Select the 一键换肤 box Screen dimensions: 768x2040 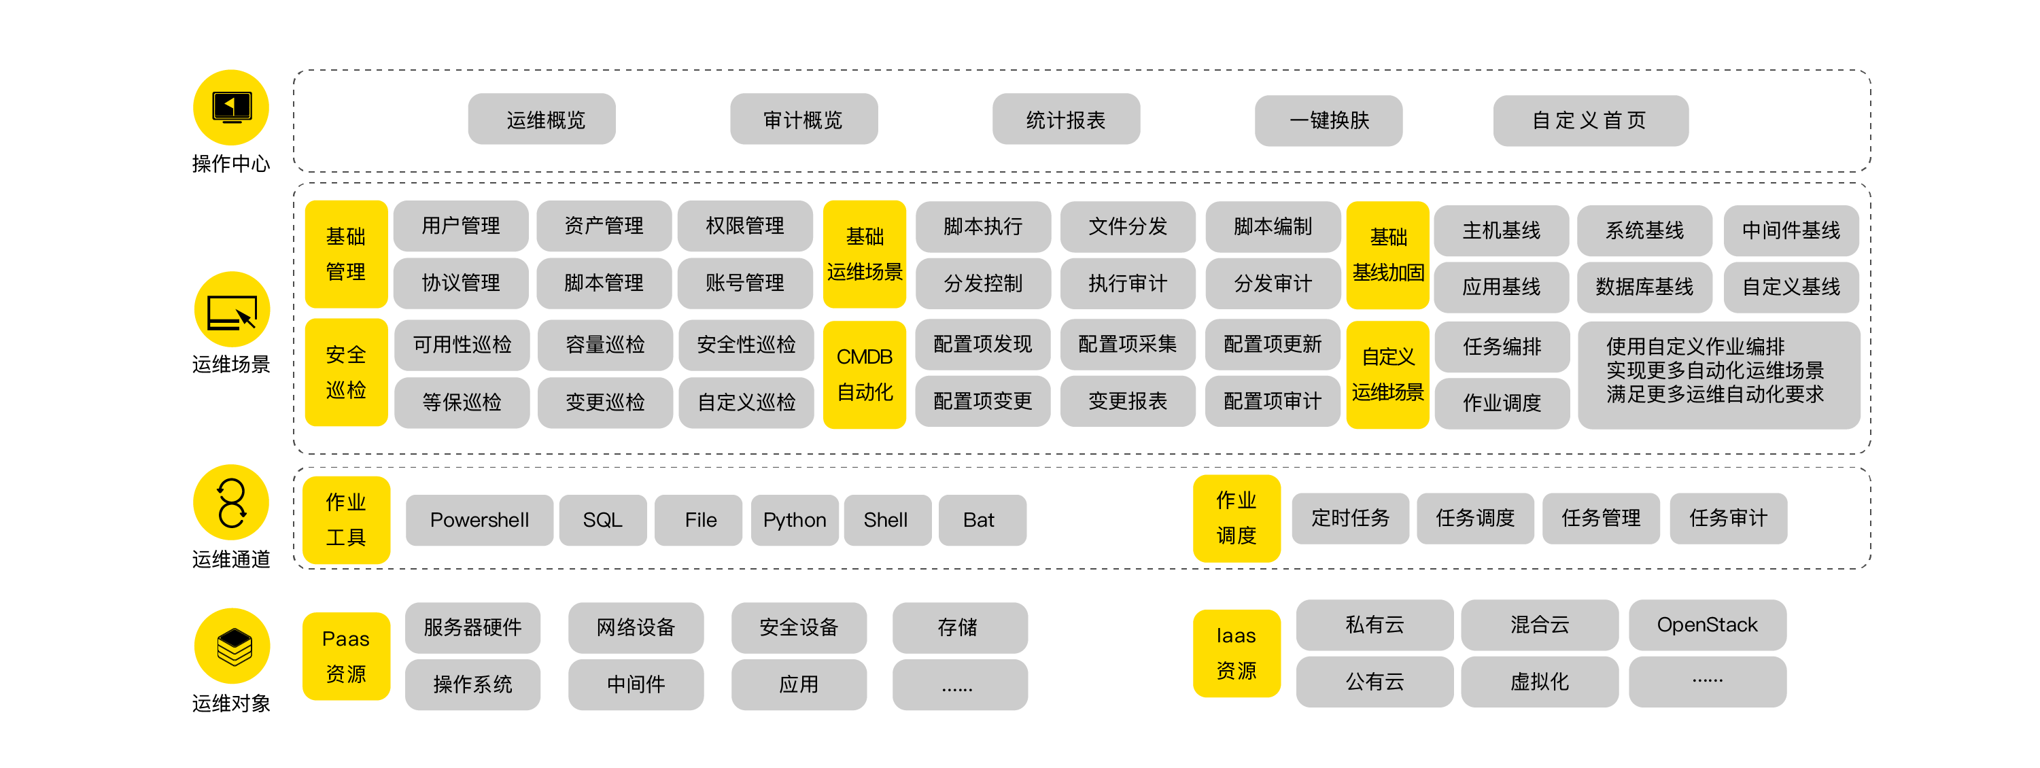(1328, 120)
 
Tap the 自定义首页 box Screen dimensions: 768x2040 (1590, 120)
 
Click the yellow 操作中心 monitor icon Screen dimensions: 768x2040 (231, 107)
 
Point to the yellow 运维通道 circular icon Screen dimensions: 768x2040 (231, 502)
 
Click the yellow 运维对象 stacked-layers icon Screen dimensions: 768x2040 (232, 646)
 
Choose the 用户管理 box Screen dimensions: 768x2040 (460, 226)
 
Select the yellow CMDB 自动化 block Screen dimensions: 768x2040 (864, 374)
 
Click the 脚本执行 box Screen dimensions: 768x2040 (983, 226)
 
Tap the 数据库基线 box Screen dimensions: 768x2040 (1644, 287)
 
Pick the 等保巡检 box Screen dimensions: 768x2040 (462, 402)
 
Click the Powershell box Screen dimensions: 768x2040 (479, 520)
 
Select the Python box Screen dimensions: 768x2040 (794, 520)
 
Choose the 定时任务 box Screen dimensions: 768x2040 (1350, 518)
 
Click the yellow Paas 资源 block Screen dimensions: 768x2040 (346, 656)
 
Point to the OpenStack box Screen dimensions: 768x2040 (1707, 625)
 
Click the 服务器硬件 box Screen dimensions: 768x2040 (472, 627)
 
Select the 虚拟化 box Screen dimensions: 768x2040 (1539, 682)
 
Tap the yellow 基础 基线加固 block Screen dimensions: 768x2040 (1387, 255)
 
